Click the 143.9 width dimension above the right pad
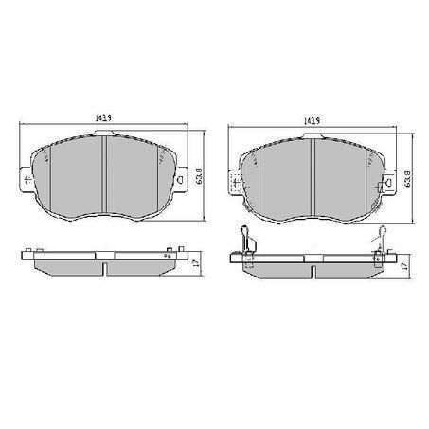click(x=309, y=120)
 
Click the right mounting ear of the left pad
click(x=179, y=179)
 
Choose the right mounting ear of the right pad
click(x=387, y=179)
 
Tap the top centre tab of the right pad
click(x=312, y=134)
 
